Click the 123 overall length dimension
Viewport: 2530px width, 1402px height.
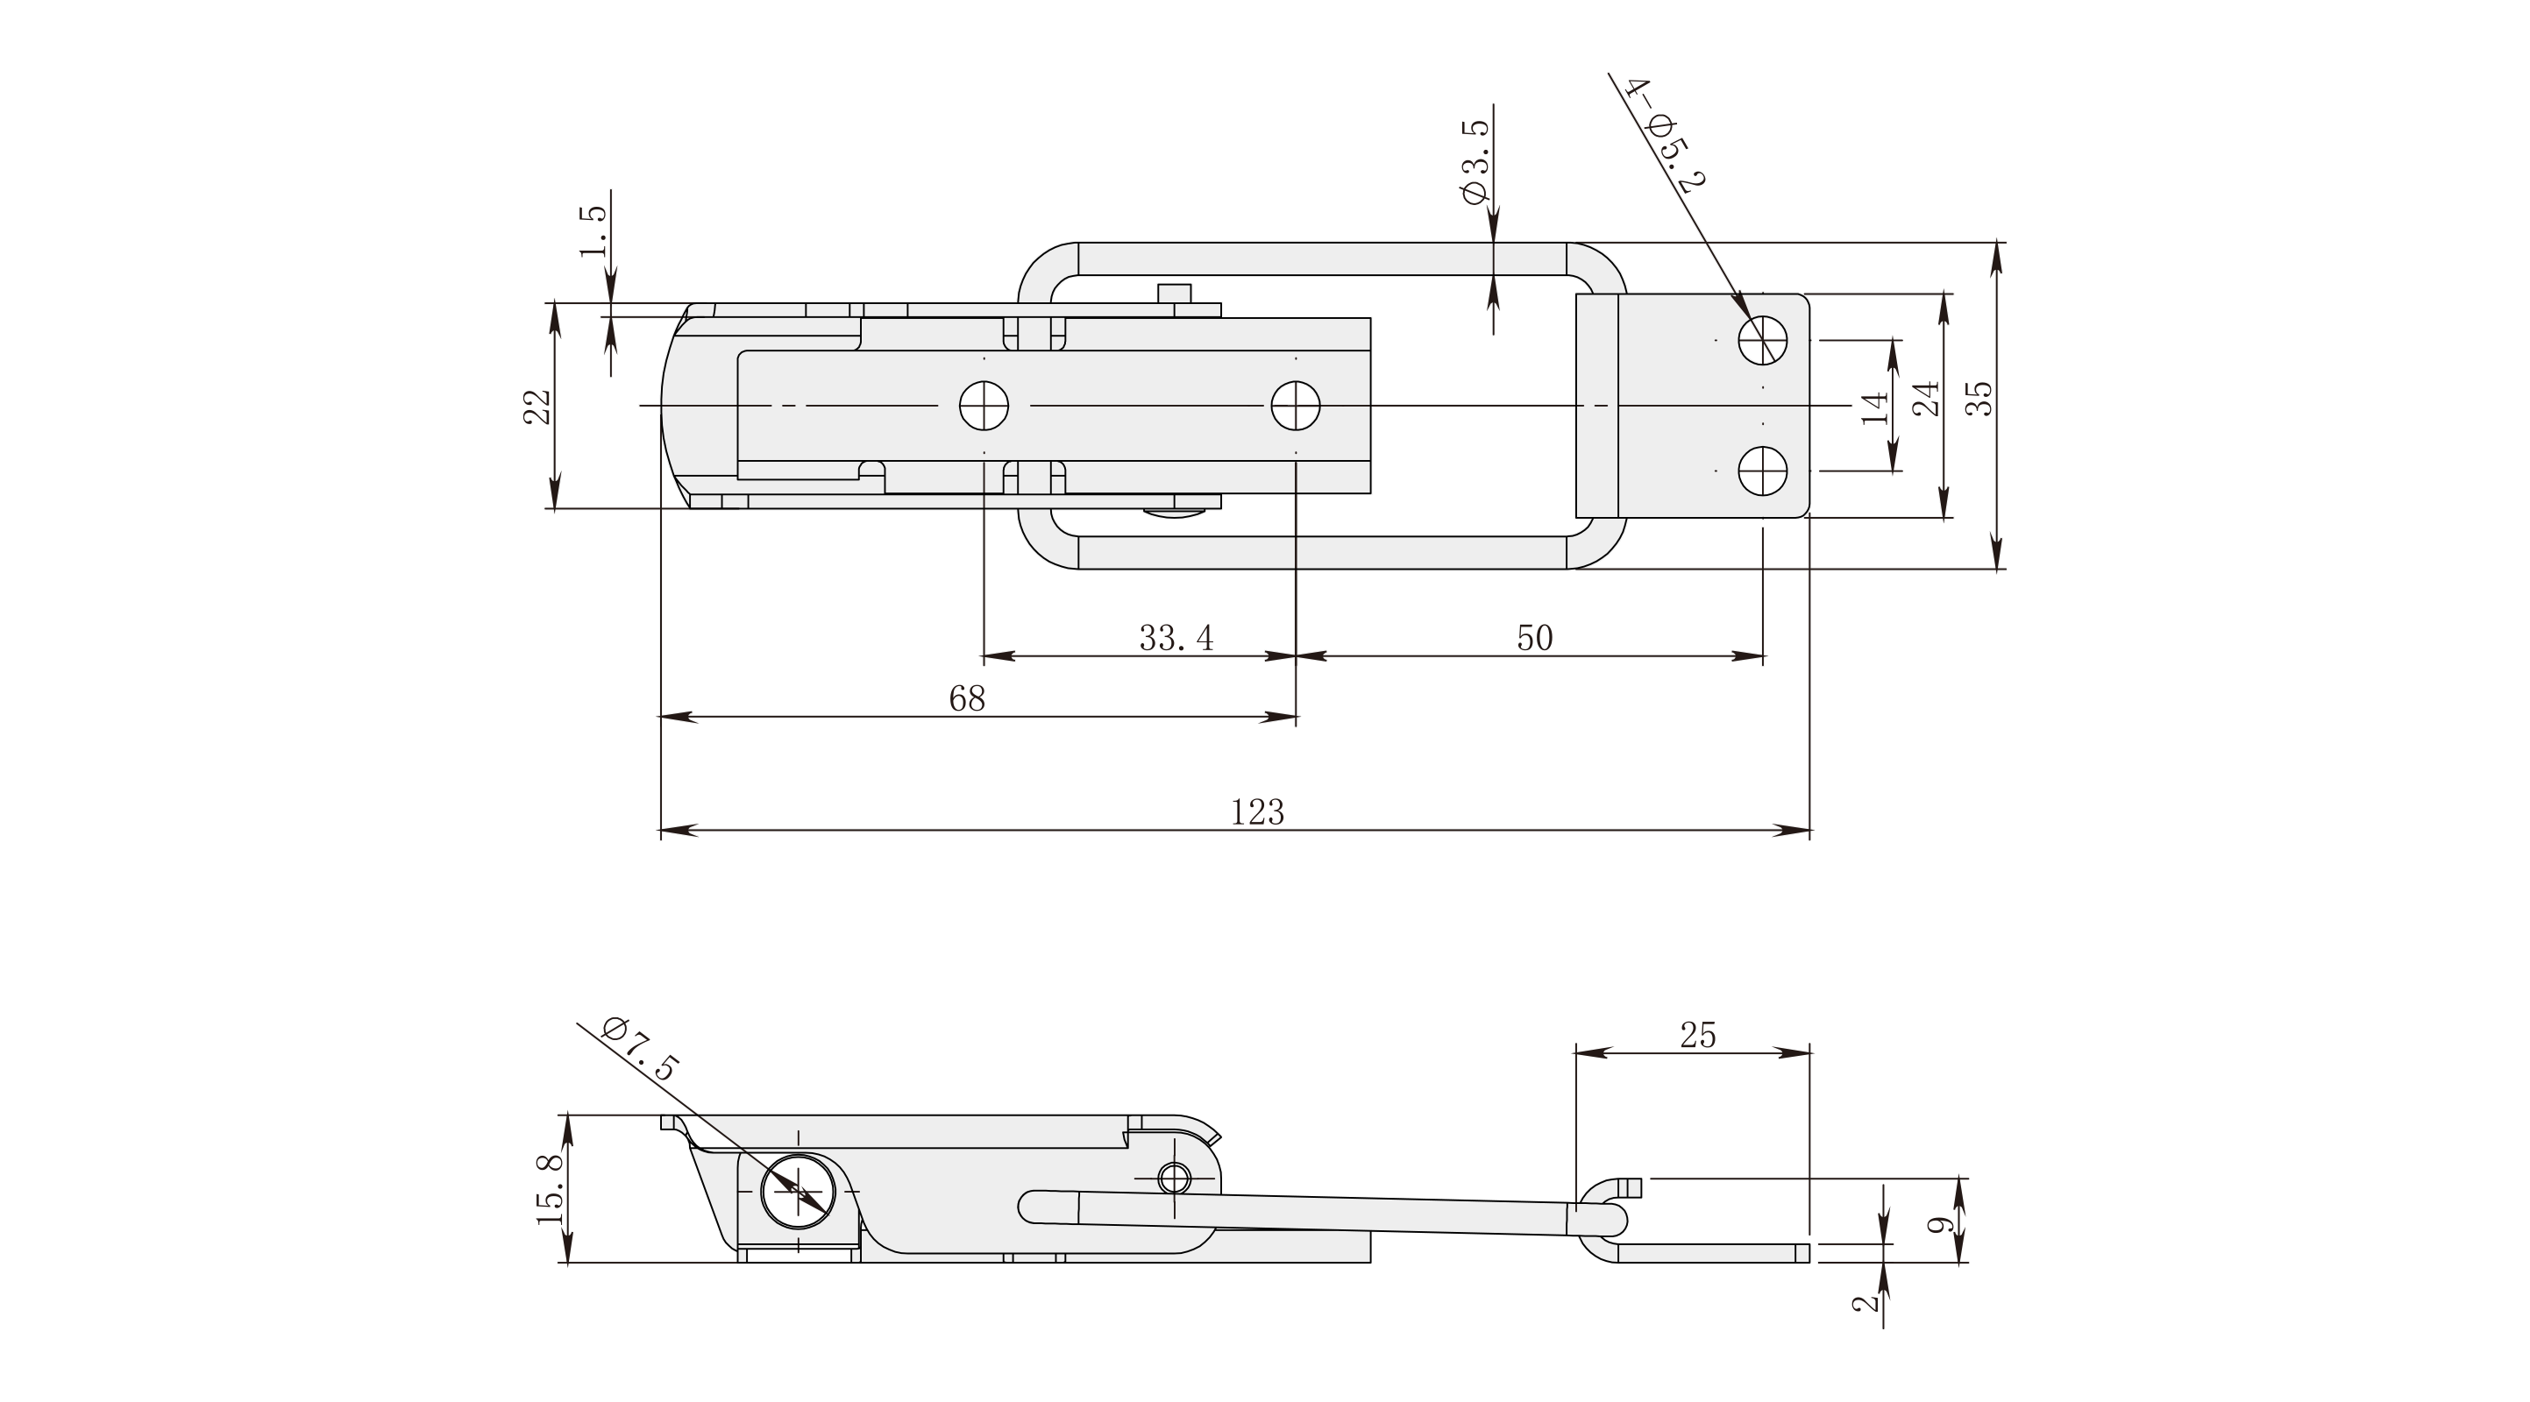1257,812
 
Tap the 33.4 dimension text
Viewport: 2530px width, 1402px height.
1176,638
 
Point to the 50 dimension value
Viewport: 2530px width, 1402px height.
1534,638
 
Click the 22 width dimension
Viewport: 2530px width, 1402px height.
537,407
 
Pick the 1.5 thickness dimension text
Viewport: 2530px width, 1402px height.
593,231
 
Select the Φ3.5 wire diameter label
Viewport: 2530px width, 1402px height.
1475,161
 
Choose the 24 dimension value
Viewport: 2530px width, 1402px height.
1927,398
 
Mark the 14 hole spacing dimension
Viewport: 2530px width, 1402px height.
1875,407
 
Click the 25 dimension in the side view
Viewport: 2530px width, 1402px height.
1697,1035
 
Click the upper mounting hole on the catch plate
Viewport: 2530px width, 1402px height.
1762,341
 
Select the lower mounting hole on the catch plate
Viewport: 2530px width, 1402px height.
1762,471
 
